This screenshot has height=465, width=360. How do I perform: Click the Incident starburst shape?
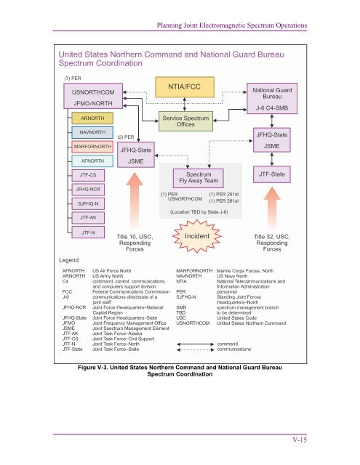(x=197, y=238)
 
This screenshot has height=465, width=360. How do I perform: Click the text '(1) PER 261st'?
(x=225, y=194)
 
